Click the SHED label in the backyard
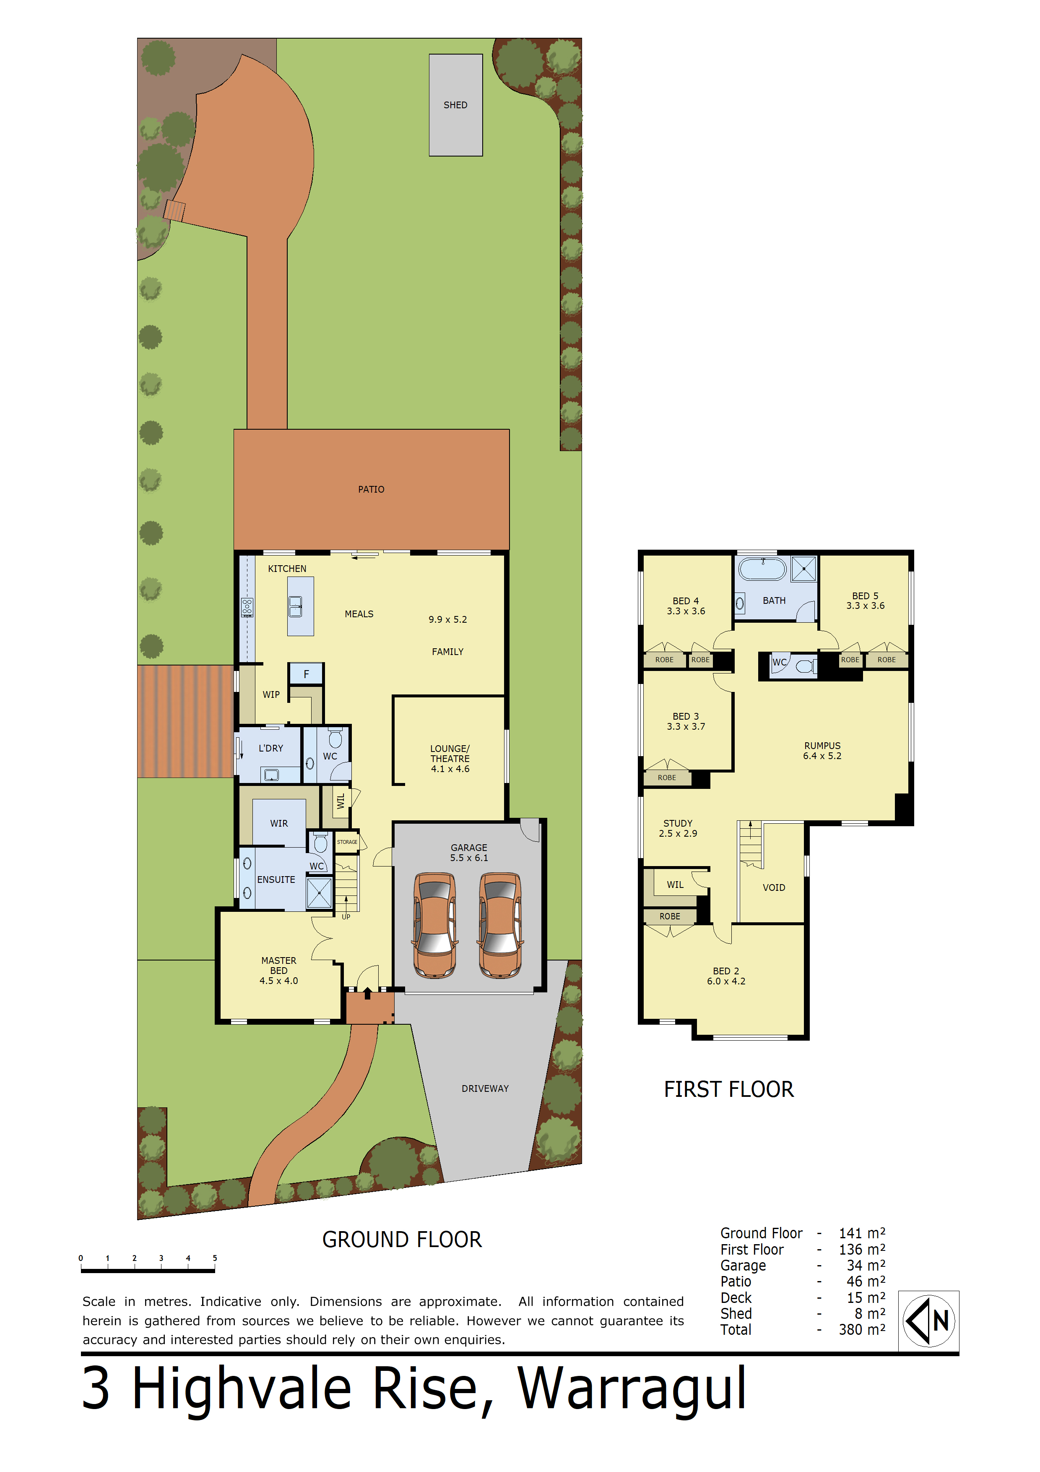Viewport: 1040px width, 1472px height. [x=455, y=105]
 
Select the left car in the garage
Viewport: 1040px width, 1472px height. [x=435, y=925]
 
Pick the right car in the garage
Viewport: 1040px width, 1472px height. [x=500, y=925]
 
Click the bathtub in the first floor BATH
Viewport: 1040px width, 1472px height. [x=762, y=569]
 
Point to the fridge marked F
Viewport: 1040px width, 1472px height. [x=306, y=674]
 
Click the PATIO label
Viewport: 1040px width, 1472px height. [x=371, y=489]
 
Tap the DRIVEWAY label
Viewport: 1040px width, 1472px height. [x=485, y=1088]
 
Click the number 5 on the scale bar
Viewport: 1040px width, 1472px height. [x=215, y=1258]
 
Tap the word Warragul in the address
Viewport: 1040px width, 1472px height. [x=632, y=1390]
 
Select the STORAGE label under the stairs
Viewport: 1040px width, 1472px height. [x=347, y=842]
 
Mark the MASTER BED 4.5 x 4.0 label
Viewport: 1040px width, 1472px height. [x=279, y=971]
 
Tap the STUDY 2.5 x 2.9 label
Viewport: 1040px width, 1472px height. [x=678, y=828]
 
